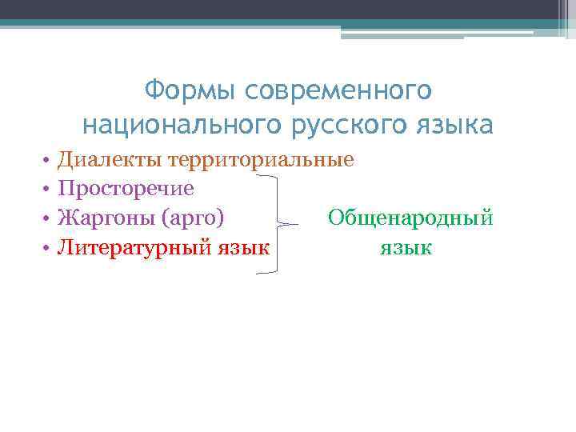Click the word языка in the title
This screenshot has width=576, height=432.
pyautogui.click(x=447, y=126)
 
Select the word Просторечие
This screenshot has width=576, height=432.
pyautogui.click(x=126, y=189)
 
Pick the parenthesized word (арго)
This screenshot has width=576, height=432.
pyautogui.click(x=193, y=218)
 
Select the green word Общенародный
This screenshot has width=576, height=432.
pyautogui.click(x=411, y=218)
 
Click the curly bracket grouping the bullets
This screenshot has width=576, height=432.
pyautogui.click(x=278, y=224)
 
